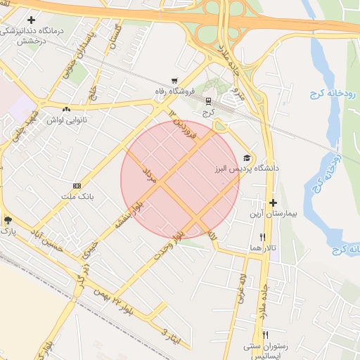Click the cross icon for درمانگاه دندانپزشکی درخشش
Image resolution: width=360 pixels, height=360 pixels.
click(x=31, y=20)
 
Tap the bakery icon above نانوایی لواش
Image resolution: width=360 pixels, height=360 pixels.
click(x=67, y=109)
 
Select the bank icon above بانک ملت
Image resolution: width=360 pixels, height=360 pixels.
click(x=77, y=185)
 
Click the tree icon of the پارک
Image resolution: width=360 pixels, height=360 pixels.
click(x=8, y=219)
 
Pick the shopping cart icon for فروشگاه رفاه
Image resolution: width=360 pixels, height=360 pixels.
click(x=174, y=81)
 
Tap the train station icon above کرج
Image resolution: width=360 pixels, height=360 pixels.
click(x=207, y=101)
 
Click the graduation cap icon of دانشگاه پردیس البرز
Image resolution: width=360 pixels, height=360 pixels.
click(x=246, y=158)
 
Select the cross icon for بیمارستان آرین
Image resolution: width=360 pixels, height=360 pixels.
click(x=273, y=202)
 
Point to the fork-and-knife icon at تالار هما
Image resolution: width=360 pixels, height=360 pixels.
click(x=263, y=237)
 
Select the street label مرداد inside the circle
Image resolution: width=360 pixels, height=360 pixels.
click(x=148, y=176)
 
